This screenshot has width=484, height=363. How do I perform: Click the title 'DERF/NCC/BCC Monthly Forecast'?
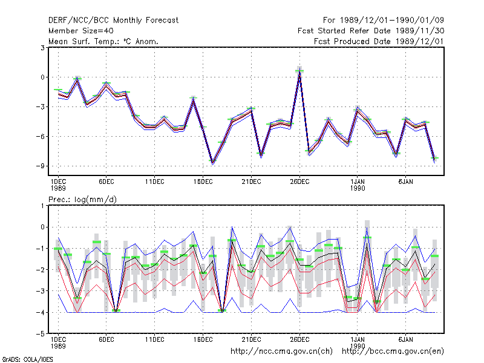[x=113, y=21]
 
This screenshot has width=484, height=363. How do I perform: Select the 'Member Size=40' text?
[x=81, y=31]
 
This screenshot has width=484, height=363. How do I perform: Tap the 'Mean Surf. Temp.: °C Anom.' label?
[x=103, y=41]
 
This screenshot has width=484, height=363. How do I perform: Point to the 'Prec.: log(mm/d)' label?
[x=82, y=200]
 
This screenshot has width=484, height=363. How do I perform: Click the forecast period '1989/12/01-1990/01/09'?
[x=391, y=21]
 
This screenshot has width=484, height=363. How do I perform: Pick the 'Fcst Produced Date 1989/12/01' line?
[x=379, y=41]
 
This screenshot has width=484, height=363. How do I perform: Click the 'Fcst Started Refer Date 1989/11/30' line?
[x=371, y=31]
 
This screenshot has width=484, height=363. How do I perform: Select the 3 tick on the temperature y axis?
[x=42, y=48]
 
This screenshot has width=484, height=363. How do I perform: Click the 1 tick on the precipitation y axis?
[x=42, y=206]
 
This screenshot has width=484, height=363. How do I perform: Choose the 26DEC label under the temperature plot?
[x=299, y=182]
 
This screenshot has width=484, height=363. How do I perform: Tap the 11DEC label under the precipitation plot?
[x=155, y=339]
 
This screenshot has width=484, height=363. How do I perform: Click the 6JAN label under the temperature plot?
[x=405, y=182]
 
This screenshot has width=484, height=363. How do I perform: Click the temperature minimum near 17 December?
[x=212, y=163]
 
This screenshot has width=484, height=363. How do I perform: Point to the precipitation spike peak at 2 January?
[x=367, y=227]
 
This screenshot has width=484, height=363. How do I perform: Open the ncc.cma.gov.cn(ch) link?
[x=281, y=352]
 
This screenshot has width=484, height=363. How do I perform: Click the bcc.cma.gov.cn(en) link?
[x=393, y=352]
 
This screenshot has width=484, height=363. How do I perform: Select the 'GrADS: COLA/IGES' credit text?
[x=27, y=359]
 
